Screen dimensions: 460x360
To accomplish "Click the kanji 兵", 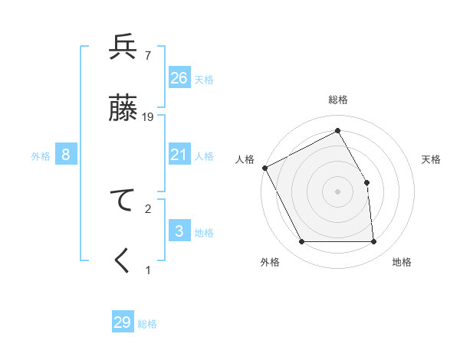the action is tap(123, 47).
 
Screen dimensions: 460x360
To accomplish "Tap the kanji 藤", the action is tap(123, 108).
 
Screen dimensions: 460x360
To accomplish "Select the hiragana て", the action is tap(123, 200).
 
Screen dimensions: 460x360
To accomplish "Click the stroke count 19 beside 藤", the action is tap(148, 116).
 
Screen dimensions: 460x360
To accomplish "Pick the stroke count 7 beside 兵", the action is tap(147, 55).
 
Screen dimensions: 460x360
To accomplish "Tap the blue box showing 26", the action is tap(179, 78).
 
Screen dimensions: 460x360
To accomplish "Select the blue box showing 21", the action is tap(179, 155).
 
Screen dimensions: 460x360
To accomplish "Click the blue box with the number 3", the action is tap(179, 231).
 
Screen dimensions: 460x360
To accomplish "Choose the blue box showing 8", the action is tap(66, 155).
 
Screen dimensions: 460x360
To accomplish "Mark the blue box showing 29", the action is tap(123, 322).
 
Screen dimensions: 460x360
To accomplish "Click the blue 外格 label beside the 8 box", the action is tap(41, 156).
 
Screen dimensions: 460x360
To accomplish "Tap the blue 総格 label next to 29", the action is tap(147, 324).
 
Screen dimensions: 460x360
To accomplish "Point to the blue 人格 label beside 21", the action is tap(204, 156).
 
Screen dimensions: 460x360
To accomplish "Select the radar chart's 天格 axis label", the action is tap(432, 159).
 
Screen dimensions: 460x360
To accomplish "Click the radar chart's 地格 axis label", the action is tap(402, 262).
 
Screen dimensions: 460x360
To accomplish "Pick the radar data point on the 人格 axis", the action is tap(264, 168).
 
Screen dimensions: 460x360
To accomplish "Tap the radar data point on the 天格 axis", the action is tap(366, 182).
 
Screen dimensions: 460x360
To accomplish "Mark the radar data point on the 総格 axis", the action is tap(337, 131).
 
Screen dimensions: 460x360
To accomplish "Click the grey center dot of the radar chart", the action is tap(337, 191).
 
